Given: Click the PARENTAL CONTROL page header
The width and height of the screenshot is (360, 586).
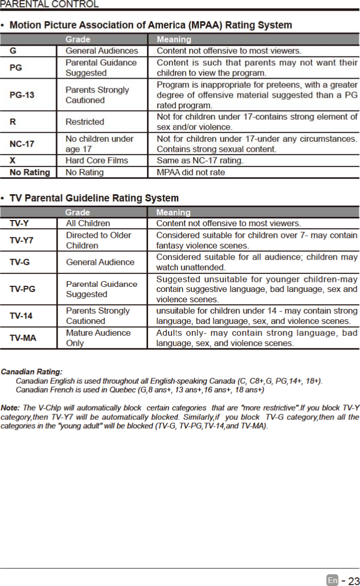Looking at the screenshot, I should [49, 5].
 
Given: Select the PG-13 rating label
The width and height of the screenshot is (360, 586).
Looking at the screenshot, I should [22, 95].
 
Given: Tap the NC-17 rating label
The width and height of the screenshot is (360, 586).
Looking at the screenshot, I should [22, 144].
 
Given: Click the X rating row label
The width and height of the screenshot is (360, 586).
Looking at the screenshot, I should [12, 160].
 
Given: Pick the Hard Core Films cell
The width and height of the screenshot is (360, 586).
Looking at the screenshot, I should [97, 160].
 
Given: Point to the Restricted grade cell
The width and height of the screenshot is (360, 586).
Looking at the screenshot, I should [84, 122].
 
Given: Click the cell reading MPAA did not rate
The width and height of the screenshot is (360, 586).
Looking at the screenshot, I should [190, 172].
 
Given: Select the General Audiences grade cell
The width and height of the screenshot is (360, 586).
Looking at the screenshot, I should [102, 51].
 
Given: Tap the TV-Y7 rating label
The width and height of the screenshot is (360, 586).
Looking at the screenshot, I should [22, 240].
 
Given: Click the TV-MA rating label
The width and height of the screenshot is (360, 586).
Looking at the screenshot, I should [23, 338].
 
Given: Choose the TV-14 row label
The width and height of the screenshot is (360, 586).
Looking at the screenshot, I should [21, 316].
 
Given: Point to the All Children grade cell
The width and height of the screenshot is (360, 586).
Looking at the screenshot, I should [88, 224].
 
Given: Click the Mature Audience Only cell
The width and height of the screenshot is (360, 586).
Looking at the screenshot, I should [98, 338].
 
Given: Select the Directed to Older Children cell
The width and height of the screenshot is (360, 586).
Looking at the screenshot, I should [98, 240].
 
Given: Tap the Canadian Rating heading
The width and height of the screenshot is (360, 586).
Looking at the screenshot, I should [32, 371].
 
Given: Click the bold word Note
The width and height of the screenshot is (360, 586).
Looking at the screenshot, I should [10, 408].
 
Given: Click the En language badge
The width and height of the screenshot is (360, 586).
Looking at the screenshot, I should [332, 580].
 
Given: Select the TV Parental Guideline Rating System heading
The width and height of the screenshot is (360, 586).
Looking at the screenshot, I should [94, 198].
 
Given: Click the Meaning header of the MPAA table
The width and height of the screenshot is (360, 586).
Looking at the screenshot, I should [174, 40].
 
